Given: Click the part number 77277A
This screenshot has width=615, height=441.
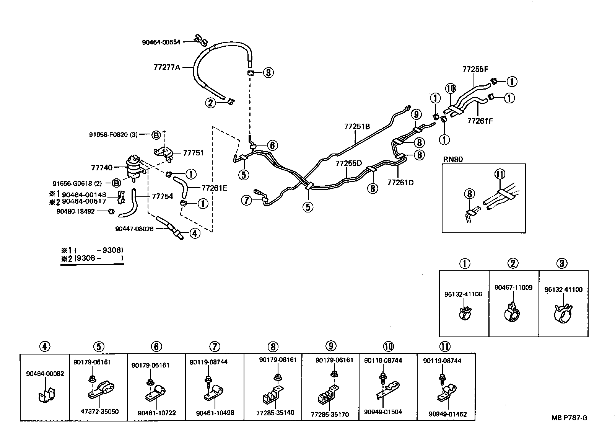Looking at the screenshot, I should click(x=166, y=67).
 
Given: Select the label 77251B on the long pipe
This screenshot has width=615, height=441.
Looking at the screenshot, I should click(x=357, y=127).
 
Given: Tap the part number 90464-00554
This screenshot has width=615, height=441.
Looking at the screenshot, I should click(x=161, y=42).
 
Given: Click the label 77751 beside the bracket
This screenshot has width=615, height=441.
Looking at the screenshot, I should click(x=193, y=153).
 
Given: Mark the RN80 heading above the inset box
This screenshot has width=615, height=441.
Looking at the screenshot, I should click(x=453, y=159).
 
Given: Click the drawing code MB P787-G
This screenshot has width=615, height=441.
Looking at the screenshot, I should click(x=569, y=418).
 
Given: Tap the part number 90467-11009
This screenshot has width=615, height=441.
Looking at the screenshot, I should click(x=513, y=287).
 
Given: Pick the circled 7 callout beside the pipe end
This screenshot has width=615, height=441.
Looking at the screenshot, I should click(x=247, y=199).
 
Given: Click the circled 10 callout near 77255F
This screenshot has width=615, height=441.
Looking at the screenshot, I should click(x=451, y=89).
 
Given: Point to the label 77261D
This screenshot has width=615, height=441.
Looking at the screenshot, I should click(x=400, y=182).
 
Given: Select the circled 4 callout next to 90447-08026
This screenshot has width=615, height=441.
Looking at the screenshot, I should click(x=195, y=233).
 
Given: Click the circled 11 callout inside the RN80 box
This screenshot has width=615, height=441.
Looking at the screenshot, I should click(x=499, y=175).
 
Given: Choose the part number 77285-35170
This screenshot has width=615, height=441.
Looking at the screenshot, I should click(x=330, y=414).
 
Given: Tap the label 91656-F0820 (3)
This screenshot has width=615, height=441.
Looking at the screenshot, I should click(x=113, y=134).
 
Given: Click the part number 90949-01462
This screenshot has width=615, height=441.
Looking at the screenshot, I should click(x=447, y=414).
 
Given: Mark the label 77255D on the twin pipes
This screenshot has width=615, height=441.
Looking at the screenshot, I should click(x=348, y=163).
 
